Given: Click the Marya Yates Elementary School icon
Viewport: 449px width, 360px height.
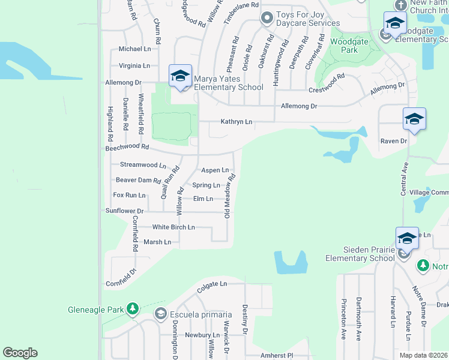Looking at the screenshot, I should click(180, 76).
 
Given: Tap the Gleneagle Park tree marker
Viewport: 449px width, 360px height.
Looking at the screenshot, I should click(133, 310).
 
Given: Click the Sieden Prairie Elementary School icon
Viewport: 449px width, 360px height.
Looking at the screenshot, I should click(406, 239).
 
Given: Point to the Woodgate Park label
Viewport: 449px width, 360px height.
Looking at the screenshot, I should click(344, 46).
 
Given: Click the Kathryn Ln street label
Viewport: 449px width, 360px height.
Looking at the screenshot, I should click(237, 122).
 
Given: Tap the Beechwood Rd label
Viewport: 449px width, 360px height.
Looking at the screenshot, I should click(127, 146).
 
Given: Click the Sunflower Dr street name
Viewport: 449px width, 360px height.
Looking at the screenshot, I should click(124, 211).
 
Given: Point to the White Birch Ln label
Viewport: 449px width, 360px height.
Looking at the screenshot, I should click(173, 227).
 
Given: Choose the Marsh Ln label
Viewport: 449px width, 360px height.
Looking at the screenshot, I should click(157, 242).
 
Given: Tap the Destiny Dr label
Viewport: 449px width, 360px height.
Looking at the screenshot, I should click(245, 319).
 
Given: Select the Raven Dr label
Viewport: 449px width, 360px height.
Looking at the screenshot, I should click(393, 141).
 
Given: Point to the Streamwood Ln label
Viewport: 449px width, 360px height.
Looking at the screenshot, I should click(143, 164).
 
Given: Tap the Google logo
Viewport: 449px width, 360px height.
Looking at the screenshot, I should click(20, 353).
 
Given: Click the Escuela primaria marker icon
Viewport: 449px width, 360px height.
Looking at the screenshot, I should click(160, 314).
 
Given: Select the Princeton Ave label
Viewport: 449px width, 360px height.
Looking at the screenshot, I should click(343, 319).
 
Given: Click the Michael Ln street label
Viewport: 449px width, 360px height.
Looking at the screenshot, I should click(134, 49).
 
